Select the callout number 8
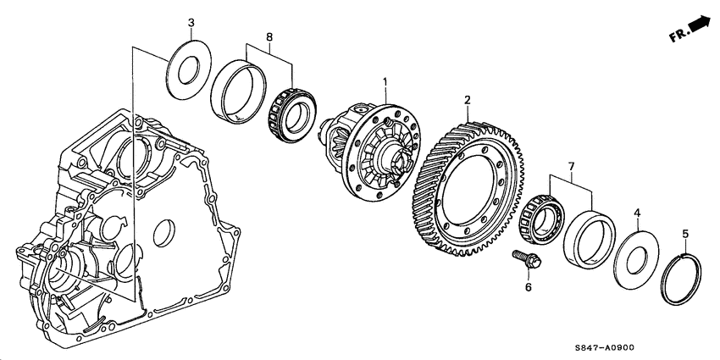click(x=269, y=36)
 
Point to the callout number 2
click(x=467, y=100)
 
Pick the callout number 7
click(x=572, y=169)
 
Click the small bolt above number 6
click(x=524, y=259)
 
